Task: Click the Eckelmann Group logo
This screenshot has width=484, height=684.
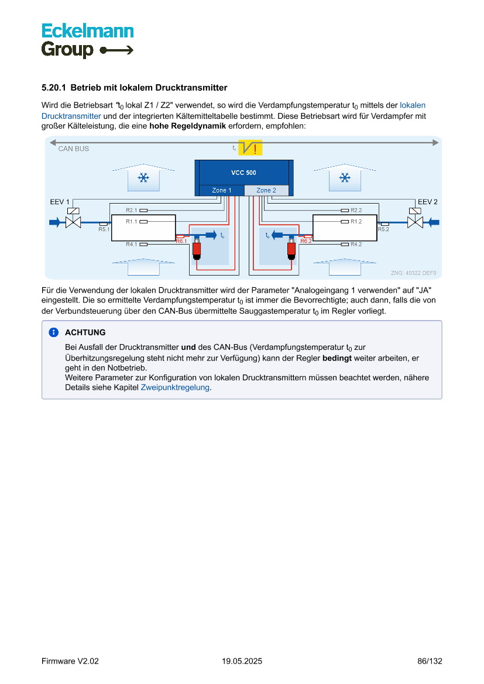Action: [87, 40]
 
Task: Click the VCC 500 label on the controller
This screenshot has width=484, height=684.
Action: [243, 173]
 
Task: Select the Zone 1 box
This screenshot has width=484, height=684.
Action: [221, 190]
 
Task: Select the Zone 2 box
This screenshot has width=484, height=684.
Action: [266, 190]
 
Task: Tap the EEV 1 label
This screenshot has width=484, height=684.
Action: [60, 202]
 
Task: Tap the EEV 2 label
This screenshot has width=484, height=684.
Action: [427, 202]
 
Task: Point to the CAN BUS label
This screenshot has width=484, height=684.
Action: [74, 149]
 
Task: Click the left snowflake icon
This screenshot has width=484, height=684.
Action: [143, 178]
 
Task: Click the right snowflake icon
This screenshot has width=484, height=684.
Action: [345, 178]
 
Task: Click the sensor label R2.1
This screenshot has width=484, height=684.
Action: [131, 210]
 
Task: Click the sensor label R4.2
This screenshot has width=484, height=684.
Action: [356, 244]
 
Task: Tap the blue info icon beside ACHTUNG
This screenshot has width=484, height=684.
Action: [54, 332]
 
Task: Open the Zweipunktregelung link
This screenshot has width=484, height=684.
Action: [175, 387]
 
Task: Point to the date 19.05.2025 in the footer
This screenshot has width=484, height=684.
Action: [242, 661]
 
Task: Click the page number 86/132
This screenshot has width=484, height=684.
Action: [430, 661]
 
